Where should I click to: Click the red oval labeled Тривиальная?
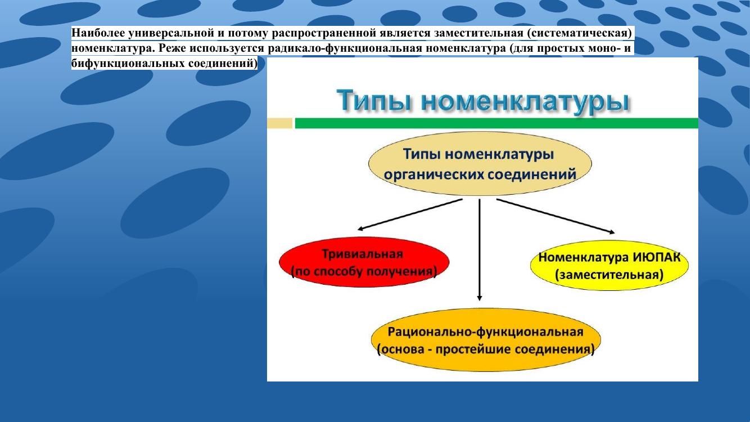(x=364, y=262)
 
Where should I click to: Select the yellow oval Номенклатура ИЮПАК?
(x=609, y=266)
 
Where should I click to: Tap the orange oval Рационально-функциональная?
(x=486, y=339)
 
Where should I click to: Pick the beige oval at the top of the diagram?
(x=480, y=164)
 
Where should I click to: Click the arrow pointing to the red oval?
(x=410, y=214)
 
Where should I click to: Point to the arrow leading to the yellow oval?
(x=555, y=216)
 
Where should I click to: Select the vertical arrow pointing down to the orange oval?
(x=480, y=250)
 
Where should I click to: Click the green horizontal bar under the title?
(x=496, y=123)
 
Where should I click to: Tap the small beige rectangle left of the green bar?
(x=279, y=123)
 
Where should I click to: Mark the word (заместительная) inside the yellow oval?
(x=609, y=275)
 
